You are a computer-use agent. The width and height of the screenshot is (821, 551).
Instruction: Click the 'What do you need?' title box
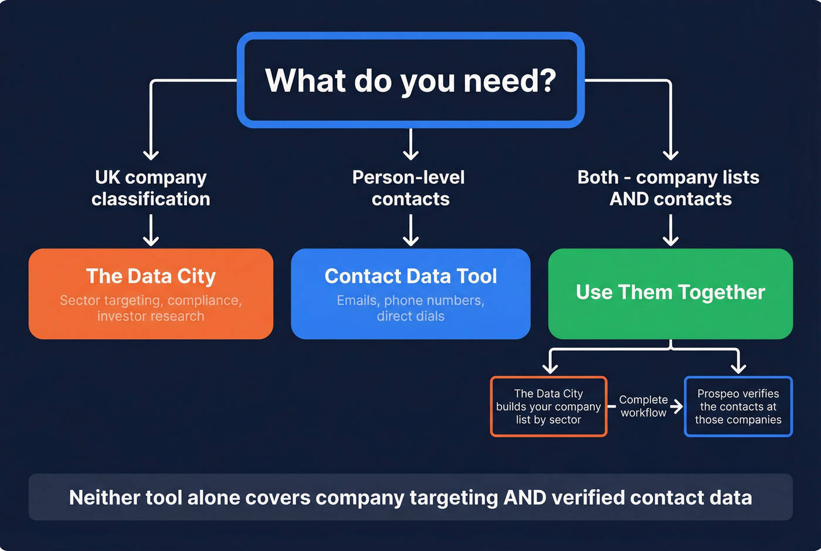click(410, 80)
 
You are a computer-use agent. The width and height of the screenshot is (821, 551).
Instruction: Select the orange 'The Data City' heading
click(151, 276)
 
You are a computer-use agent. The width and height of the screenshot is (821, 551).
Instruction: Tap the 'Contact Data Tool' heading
click(410, 276)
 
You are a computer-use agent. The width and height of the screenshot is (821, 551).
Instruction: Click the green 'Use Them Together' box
click(670, 293)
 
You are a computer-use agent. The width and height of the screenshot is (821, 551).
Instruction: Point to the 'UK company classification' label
click(151, 188)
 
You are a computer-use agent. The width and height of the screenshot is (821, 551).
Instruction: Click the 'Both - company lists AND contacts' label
click(669, 188)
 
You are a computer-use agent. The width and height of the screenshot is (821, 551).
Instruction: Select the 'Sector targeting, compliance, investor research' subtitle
click(151, 309)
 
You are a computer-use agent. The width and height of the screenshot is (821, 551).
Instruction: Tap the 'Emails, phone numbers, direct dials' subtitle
click(410, 309)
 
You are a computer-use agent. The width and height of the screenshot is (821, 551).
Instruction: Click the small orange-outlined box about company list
click(548, 407)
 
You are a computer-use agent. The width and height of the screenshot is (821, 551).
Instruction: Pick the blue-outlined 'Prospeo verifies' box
click(738, 407)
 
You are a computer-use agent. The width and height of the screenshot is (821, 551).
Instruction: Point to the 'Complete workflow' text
click(643, 406)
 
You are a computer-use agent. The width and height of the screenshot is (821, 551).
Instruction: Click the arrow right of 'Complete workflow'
click(677, 407)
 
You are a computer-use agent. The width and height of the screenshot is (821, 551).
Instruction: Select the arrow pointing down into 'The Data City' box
click(151, 231)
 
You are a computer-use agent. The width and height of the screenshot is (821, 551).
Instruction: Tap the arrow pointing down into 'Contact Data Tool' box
click(410, 231)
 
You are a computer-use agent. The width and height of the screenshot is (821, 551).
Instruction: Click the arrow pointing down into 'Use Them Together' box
click(670, 231)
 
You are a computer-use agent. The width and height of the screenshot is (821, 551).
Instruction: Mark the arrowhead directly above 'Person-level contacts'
click(410, 154)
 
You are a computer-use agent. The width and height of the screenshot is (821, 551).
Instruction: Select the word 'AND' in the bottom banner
click(525, 498)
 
